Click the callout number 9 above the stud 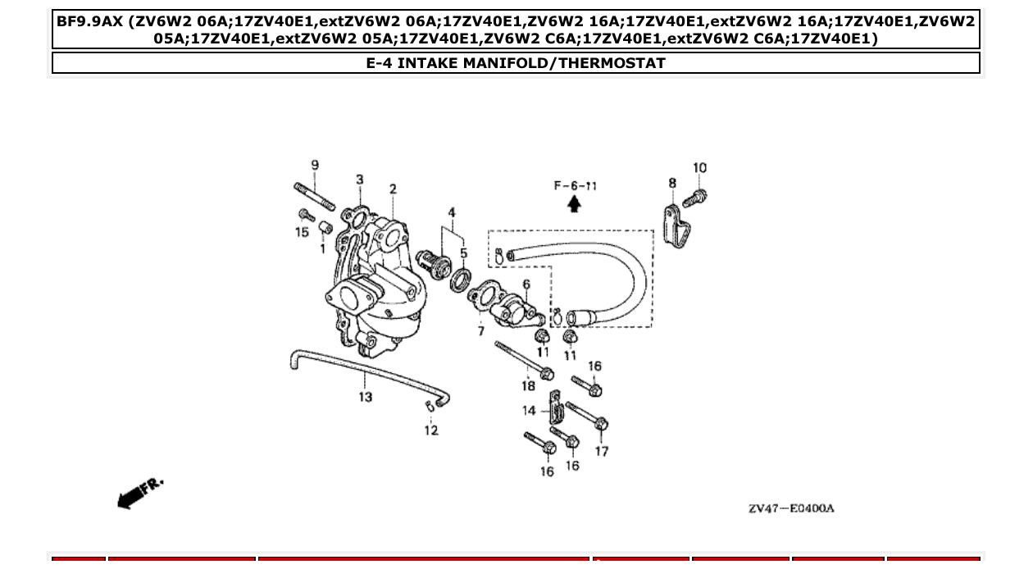pos(315,166)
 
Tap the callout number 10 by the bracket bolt pos(699,168)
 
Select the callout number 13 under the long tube pos(365,397)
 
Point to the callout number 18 pos(528,385)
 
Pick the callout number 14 pos(530,410)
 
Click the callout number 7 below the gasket pos(481,331)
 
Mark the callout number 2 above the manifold pos(393,189)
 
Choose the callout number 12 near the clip pos(431,430)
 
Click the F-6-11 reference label pos(575,186)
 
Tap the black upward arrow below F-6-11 pos(575,204)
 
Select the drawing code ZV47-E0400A pos(790,508)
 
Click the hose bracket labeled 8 pos(674,225)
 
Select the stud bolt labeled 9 pos(314,197)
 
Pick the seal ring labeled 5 pos(462,274)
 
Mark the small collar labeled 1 pos(325,227)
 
